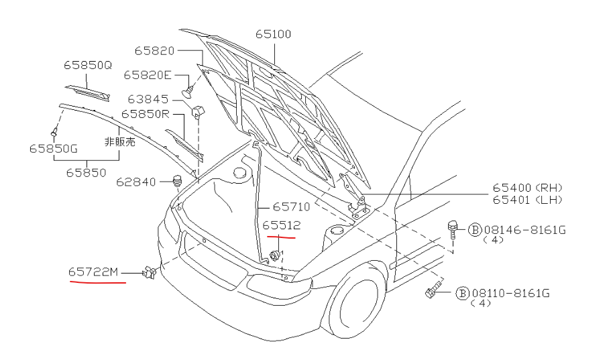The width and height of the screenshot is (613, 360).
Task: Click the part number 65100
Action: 273,34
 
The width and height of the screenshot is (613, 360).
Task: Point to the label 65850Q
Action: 88,66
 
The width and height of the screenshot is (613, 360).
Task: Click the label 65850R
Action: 146,114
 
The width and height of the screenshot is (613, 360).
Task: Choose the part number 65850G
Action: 52,148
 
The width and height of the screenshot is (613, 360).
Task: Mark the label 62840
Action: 136,182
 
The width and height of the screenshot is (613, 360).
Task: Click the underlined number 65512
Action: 281,225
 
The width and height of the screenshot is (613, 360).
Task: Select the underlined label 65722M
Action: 93,272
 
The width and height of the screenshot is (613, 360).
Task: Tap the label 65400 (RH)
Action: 527,188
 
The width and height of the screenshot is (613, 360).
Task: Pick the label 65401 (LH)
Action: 527,200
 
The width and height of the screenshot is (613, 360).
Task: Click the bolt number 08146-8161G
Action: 525,230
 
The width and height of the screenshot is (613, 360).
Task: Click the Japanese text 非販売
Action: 119,142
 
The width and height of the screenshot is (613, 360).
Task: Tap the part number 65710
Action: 291,207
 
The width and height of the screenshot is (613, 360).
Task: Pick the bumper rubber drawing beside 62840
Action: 178,180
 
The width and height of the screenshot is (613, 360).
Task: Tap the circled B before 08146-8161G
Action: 474,230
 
